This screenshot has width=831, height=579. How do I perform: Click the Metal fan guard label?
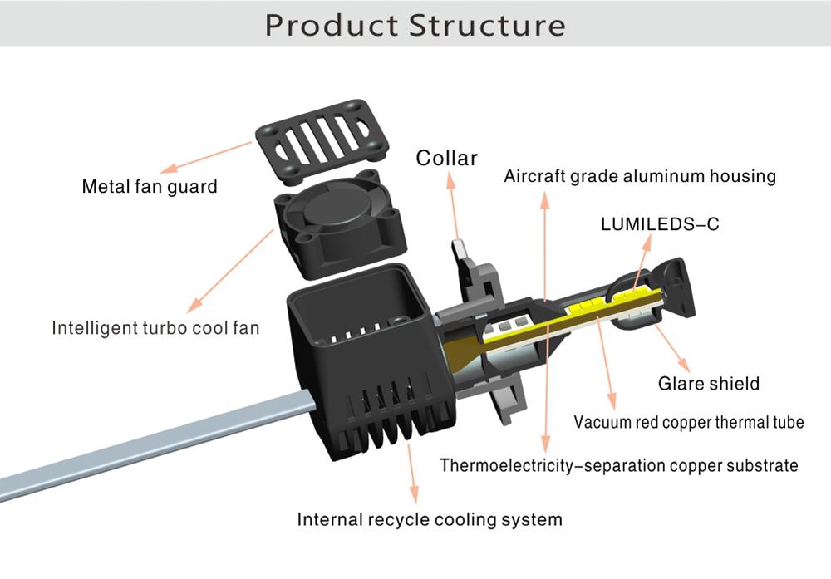(x=150, y=186)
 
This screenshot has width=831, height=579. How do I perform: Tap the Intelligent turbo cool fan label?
(x=155, y=328)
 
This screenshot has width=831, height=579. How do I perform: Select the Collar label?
(x=446, y=158)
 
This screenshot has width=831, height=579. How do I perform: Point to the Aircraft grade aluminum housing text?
(x=640, y=176)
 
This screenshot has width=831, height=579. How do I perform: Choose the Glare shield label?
(x=708, y=384)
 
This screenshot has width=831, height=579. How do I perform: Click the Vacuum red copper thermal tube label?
(x=689, y=422)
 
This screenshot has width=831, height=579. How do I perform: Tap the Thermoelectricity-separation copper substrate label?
(x=619, y=464)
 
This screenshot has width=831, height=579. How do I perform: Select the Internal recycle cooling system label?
(x=430, y=520)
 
